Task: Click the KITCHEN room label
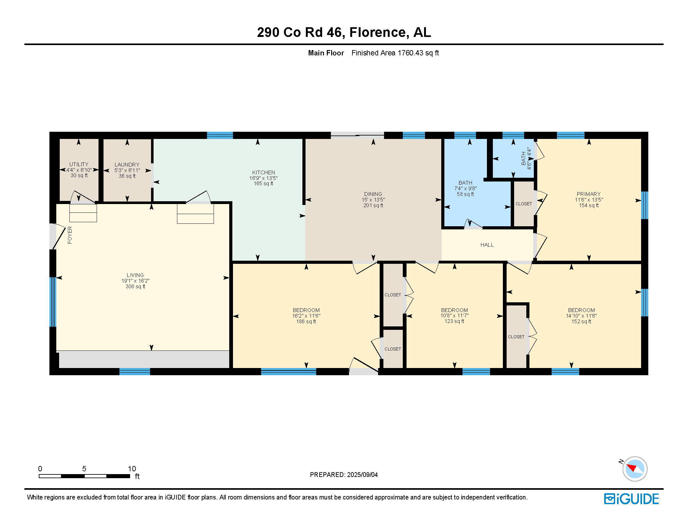point(263,172)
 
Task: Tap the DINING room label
point(373,194)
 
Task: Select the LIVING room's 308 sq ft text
point(135,286)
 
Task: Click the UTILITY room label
point(79,164)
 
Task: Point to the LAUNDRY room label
point(127,165)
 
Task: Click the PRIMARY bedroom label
point(589,194)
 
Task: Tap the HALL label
point(487,245)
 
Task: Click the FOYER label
point(70,235)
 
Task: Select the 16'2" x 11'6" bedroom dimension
point(306,316)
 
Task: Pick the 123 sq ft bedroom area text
point(454,321)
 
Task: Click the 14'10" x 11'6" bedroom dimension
point(581,316)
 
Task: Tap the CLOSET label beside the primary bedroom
point(524,204)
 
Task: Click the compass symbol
point(635,469)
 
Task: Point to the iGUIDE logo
point(631,499)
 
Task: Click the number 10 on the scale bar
point(132,469)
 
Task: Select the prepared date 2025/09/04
point(362,475)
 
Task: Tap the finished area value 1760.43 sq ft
point(418,53)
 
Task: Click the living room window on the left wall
point(53,302)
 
